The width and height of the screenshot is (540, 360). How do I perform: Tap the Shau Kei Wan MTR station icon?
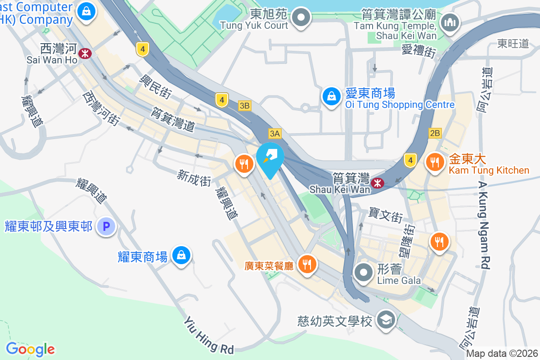[377, 182]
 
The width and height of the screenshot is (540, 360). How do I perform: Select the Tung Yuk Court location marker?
[301, 18]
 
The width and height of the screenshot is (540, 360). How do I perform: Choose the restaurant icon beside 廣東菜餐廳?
[307, 264]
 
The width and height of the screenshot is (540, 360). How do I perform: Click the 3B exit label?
[244, 106]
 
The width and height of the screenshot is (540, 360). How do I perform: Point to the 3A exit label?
[274, 133]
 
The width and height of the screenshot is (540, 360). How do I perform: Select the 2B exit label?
[435, 133]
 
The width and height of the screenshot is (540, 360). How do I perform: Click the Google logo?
[30, 349]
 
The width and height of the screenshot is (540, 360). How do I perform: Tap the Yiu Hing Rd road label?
[209, 335]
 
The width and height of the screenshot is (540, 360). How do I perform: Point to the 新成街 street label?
[194, 178]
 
